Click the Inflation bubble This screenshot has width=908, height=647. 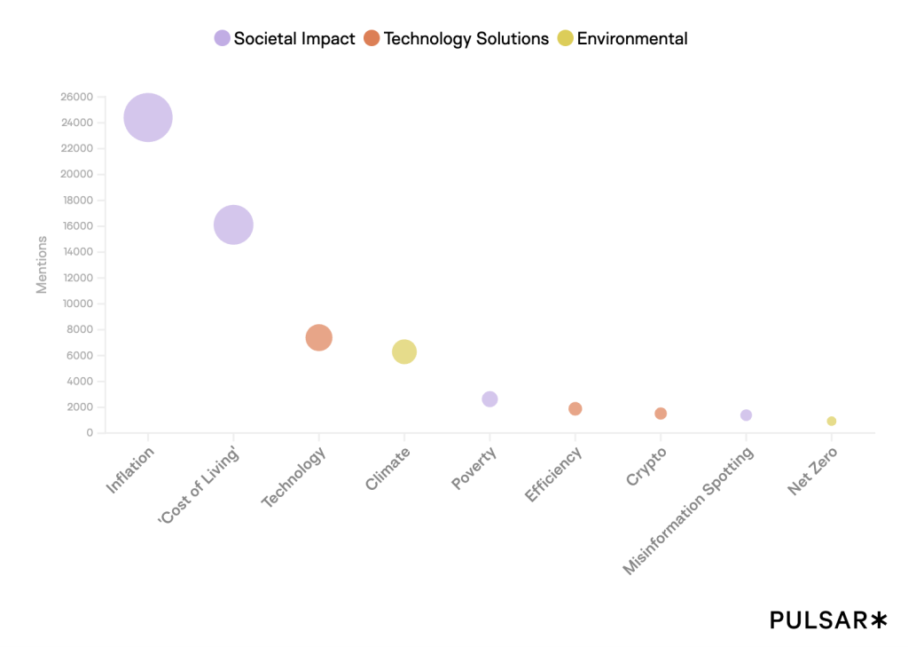pos(148,117)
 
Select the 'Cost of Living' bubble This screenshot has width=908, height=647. pos(233,225)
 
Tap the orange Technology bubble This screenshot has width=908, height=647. pos(318,337)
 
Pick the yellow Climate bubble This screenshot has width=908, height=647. pos(403,351)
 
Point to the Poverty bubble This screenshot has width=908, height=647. pos(489,399)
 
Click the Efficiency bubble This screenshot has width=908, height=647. pos(575,408)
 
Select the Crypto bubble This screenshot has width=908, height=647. pos(661,414)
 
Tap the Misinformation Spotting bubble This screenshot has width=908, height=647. pos(746,415)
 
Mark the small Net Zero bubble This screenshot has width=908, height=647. pos(832,422)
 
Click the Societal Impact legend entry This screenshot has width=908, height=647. pos(285,38)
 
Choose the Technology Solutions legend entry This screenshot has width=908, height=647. pos(457,38)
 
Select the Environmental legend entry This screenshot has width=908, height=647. pos(622,38)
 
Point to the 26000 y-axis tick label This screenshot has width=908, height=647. pos(77,97)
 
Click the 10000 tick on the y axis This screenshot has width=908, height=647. pos(77,304)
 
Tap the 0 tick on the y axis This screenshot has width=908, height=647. pos(90,433)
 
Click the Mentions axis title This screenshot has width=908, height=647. pos(42,264)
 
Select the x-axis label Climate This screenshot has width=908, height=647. pos(388,469)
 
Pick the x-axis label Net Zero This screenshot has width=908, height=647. pos(812,471)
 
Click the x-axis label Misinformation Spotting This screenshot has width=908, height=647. pos(689,510)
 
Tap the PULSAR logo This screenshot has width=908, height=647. pos(827,620)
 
